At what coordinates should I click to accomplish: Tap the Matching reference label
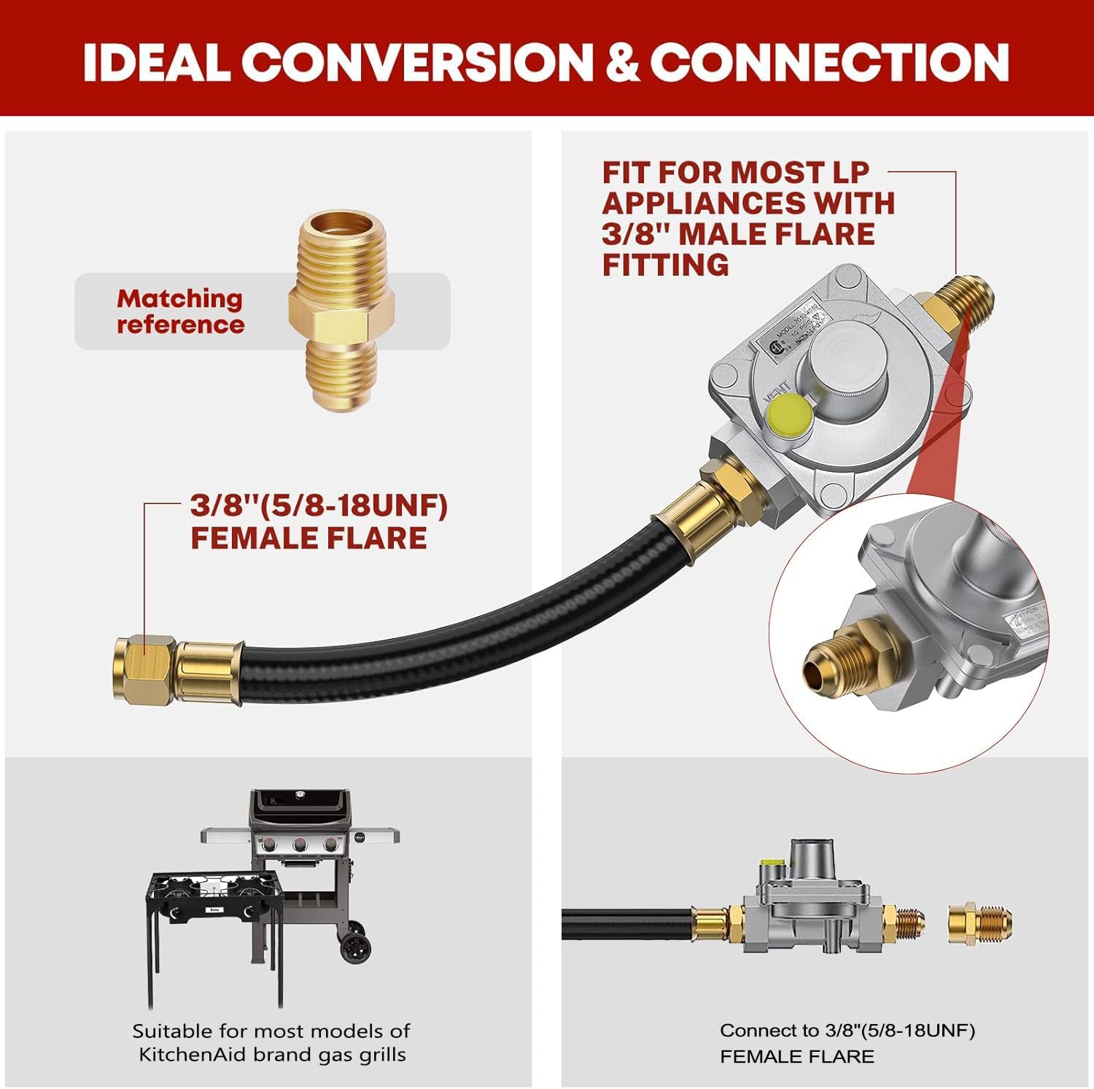point(180,311)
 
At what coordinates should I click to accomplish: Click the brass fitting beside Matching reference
point(341,311)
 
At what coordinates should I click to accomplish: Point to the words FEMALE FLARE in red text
point(309,538)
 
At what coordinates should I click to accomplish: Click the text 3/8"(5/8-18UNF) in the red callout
point(319,505)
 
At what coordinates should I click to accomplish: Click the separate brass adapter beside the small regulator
point(979,923)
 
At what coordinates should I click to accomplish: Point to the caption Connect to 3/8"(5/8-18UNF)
point(847,1031)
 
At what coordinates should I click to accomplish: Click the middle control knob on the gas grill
point(300,845)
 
